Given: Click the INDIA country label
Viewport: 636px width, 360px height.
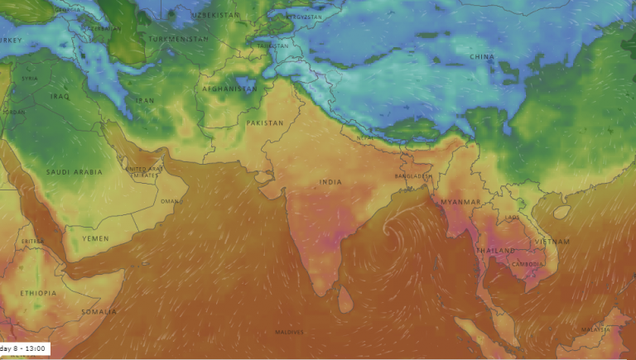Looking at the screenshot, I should (x=330, y=181).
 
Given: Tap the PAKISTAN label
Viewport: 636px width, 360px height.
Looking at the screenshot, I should (x=265, y=122).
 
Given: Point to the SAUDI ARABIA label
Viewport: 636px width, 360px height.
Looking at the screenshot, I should (x=75, y=172).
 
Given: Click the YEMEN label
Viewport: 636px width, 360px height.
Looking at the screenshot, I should (x=95, y=238).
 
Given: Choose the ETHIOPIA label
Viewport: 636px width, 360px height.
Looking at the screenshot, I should (x=39, y=293).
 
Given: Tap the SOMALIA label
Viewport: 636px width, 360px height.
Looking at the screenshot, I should (x=99, y=311).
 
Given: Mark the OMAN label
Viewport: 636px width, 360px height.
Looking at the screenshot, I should (x=169, y=201).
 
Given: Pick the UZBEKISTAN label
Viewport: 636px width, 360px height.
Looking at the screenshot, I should (x=214, y=16).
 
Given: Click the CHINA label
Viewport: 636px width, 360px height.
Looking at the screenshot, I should (x=481, y=56).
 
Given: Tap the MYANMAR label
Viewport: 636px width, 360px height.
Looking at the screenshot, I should (x=461, y=202).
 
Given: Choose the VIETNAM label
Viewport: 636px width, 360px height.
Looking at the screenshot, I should (x=552, y=242).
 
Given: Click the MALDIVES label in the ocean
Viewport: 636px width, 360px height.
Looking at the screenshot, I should (x=290, y=332).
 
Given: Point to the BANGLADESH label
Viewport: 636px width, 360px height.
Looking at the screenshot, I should (x=412, y=175).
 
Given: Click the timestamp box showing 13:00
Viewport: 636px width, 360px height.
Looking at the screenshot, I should (x=25, y=349).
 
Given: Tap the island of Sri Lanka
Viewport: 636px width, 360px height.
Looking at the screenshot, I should (x=346, y=299).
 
